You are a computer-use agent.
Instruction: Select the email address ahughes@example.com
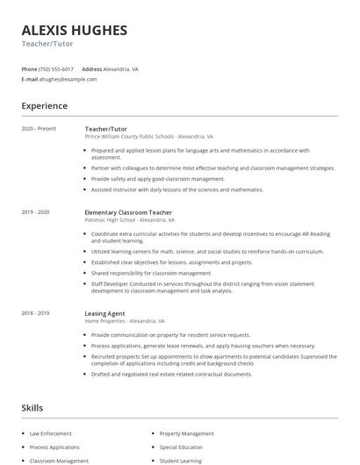(x=68, y=79)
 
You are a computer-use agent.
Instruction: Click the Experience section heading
(x=44, y=106)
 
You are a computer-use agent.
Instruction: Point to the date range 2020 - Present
(x=39, y=129)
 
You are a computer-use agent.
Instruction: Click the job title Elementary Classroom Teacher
(x=129, y=212)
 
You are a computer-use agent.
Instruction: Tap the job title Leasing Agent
(x=104, y=313)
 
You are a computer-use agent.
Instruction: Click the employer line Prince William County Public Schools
(x=131, y=137)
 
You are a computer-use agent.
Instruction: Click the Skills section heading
(x=32, y=408)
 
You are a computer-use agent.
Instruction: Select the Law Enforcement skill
(x=51, y=433)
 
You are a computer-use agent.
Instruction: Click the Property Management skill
(x=186, y=433)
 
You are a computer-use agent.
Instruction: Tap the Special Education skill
(x=182, y=447)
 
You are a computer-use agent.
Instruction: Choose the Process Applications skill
(x=54, y=447)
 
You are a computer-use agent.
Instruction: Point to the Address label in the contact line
(x=91, y=68)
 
